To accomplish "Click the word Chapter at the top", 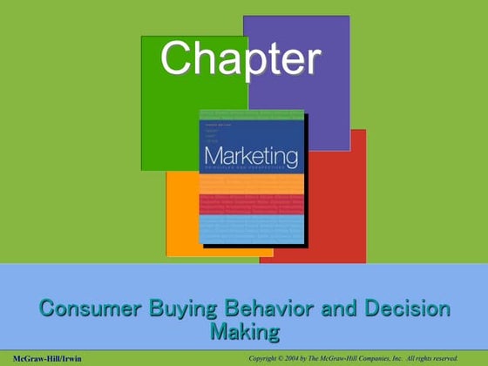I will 241,59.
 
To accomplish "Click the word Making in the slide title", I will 245,331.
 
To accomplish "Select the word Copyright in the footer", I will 267,358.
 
